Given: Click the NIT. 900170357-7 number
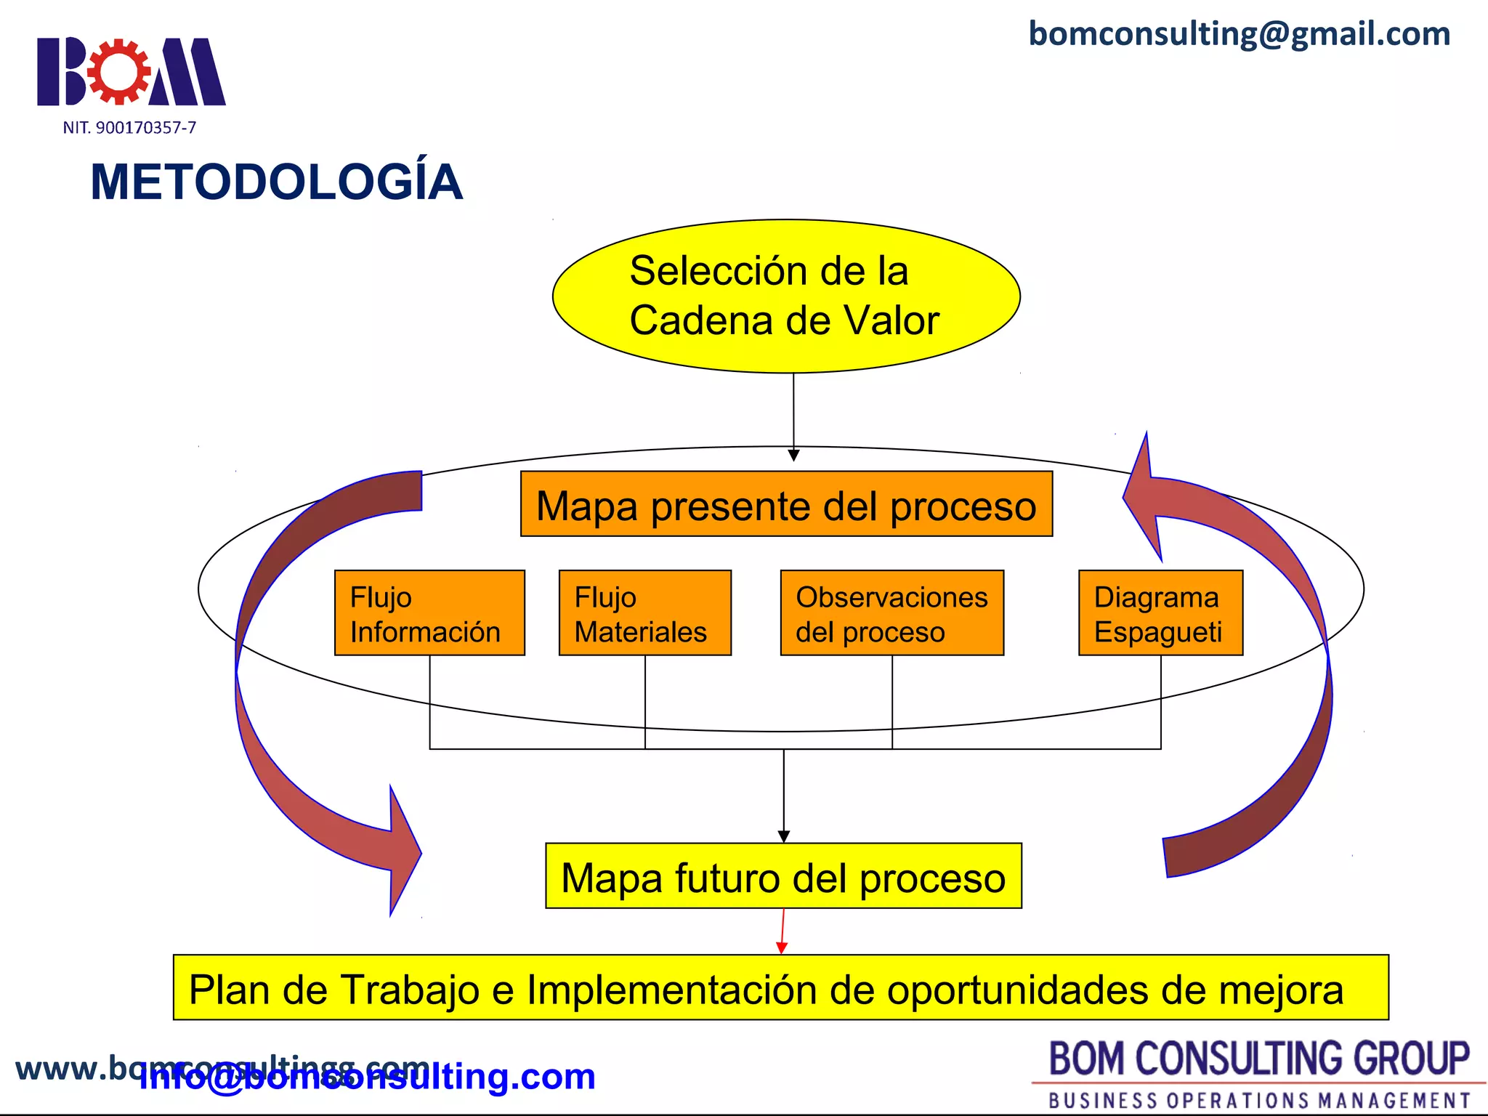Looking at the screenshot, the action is point(129,128).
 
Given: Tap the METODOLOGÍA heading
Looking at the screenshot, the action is point(276,182).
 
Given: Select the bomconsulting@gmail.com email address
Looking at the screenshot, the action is point(1240,34).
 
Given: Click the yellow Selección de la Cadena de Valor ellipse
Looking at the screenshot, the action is point(786,296).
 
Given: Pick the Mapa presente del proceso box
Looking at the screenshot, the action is point(786,504).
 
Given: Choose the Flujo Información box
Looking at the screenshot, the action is point(429,613).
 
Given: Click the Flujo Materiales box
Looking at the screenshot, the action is point(644,613).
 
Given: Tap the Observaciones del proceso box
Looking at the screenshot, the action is point(891,613).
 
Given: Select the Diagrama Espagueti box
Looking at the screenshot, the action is point(1160,613).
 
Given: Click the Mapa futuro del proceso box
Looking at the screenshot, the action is point(783,876).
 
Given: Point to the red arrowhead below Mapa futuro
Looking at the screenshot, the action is point(782,947).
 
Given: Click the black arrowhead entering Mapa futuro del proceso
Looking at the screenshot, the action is point(783,837).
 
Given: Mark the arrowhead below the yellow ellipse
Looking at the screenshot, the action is point(793,455).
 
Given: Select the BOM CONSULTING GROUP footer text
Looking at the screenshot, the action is point(1259,1059).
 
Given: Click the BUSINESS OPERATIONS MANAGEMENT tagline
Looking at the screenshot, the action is point(1259,1100).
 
